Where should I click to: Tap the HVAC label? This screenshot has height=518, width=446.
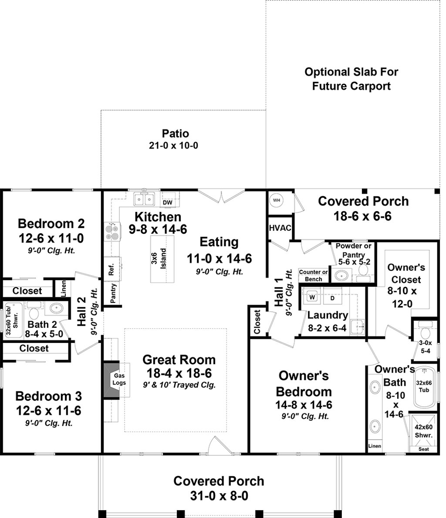[280, 228]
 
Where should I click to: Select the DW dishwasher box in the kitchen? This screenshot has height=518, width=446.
[167, 202]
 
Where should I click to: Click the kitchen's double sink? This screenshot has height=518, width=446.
[144, 199]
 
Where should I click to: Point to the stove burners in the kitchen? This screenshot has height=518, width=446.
[111, 231]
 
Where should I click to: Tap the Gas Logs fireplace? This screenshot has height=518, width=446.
[119, 379]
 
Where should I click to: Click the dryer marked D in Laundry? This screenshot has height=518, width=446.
[332, 298]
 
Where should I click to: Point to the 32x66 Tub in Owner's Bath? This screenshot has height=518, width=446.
[424, 386]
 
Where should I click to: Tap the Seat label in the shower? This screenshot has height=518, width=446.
[423, 449]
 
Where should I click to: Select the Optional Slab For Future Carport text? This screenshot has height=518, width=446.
[351, 79]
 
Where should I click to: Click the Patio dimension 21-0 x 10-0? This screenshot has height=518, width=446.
[173, 145]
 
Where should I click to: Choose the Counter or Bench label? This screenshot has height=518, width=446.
[313, 276]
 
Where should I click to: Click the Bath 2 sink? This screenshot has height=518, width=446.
[56, 308]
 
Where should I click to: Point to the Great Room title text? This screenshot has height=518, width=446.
[179, 360]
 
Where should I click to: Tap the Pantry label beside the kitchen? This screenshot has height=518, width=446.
[113, 293]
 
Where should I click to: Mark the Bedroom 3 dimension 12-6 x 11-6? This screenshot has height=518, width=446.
[48, 410]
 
